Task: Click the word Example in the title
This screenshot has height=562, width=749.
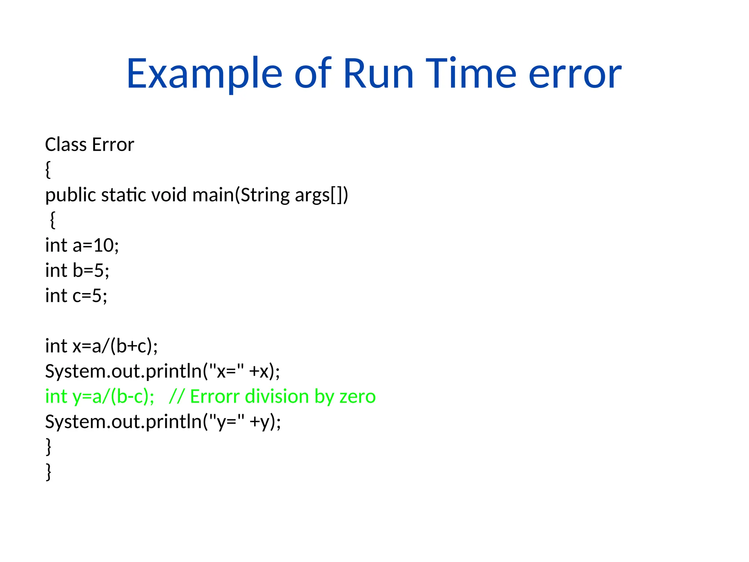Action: pyautogui.click(x=204, y=74)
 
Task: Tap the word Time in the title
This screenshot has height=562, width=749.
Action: pyautogui.click(x=471, y=74)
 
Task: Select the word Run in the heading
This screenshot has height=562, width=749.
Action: pyautogui.click(x=378, y=74)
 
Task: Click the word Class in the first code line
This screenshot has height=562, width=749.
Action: pyautogui.click(x=66, y=145)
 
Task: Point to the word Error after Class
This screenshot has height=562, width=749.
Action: pyautogui.click(x=113, y=145)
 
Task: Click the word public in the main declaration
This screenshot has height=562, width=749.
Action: pyautogui.click(x=70, y=195)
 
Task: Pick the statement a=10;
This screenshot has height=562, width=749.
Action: pyautogui.click(x=95, y=246)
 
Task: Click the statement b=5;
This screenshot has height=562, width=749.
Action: pyautogui.click(x=91, y=271)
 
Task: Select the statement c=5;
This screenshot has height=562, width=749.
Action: pyautogui.click(x=90, y=296)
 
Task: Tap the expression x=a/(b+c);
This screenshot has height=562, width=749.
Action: pyautogui.click(x=115, y=346)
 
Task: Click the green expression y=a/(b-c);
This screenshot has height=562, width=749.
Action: pyautogui.click(x=113, y=397)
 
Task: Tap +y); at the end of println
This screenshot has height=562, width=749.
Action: pyautogui.click(x=265, y=422)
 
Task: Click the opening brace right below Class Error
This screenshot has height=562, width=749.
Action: pyautogui.click(x=48, y=170)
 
